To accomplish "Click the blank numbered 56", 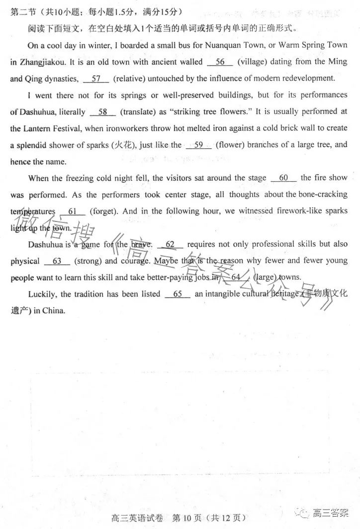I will point(220,62).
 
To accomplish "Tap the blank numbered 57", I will point(96,79).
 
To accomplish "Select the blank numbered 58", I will point(103,112).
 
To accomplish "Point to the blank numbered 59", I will point(198,145).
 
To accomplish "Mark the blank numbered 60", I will point(284,178).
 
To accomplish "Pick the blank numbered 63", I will point(57,261).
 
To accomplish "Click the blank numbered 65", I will point(178,294).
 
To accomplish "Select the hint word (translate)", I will point(138,112).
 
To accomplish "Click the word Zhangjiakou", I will point(42,62).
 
